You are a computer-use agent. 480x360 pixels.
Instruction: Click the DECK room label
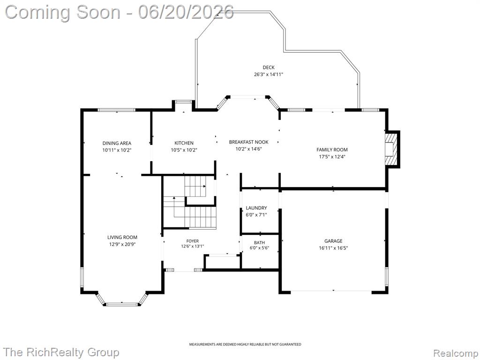point(269,67)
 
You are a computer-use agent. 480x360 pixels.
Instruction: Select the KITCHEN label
point(184,143)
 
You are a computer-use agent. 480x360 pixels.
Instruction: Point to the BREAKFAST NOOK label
point(248,142)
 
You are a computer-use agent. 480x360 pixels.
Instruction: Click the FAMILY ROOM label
point(332,150)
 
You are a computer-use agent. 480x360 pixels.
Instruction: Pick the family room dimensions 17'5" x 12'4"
point(332,157)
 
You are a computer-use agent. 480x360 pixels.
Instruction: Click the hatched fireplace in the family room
point(391,149)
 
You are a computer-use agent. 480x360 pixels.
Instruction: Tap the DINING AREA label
point(117,143)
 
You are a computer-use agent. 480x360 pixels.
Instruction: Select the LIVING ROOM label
point(122,237)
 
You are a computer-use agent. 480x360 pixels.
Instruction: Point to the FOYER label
point(193,241)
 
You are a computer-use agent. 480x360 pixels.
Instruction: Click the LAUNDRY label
point(256,208)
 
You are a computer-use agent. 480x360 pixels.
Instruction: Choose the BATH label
point(259,243)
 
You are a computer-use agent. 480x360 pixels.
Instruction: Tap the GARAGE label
point(333,241)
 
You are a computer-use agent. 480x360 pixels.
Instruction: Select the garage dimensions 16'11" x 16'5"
point(333,248)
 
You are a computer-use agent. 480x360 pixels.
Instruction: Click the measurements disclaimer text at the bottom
point(245,345)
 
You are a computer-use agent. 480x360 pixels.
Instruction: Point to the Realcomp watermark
point(455,353)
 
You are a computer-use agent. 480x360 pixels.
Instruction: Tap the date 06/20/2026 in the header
point(186,12)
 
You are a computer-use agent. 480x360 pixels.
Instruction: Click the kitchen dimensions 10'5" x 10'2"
point(184,150)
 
